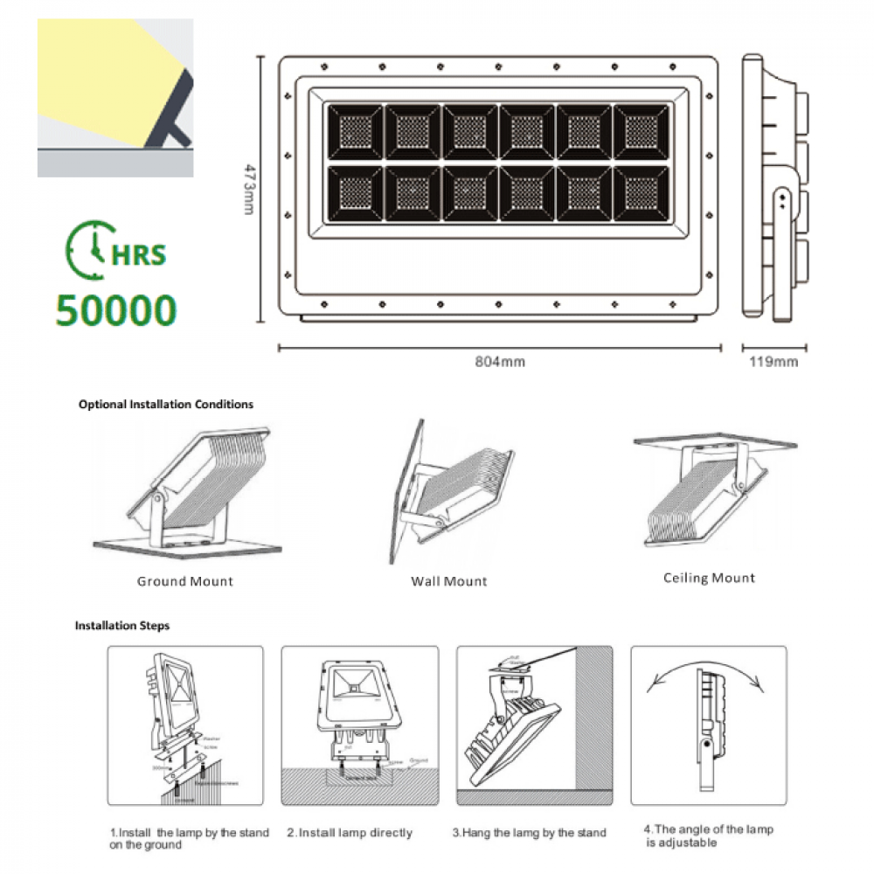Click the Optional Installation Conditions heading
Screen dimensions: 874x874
166,405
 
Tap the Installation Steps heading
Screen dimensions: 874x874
122,626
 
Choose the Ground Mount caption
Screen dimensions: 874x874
185,581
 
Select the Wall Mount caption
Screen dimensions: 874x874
449,581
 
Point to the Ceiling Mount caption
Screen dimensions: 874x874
709,578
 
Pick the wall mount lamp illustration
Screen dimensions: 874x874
446,494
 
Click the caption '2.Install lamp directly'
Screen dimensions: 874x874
350,833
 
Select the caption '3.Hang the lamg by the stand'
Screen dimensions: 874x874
529,832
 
